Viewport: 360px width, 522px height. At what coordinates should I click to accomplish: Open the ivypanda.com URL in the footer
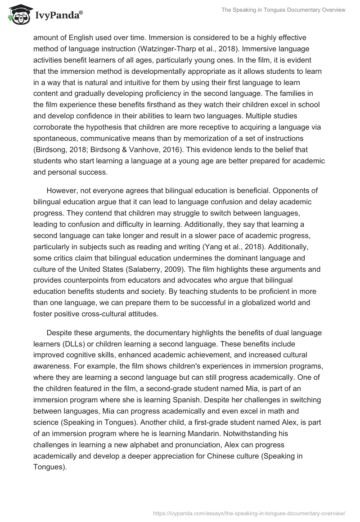click(x=250, y=513)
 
